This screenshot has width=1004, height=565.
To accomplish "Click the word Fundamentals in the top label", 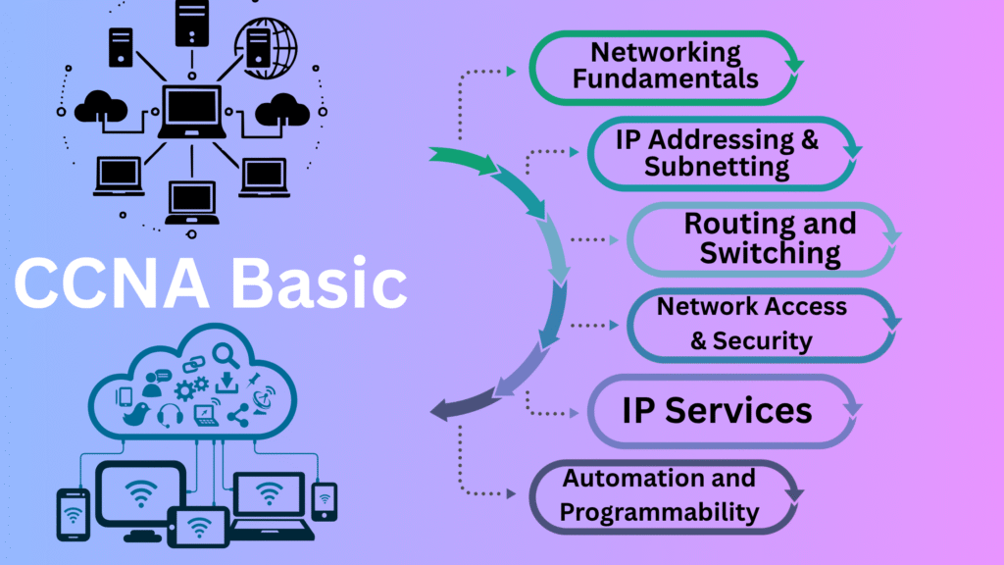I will pyautogui.click(x=666, y=78).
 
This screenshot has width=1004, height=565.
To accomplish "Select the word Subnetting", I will pyautogui.click(x=717, y=166).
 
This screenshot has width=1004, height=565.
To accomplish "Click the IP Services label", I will pyautogui.click(x=717, y=410).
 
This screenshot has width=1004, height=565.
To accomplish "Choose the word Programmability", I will pyautogui.click(x=659, y=511).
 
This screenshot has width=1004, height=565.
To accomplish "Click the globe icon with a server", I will pyautogui.click(x=264, y=41).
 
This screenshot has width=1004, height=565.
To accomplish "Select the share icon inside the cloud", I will pyautogui.click(x=238, y=415).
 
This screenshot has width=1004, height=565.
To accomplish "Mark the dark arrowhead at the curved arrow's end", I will pyautogui.click(x=443, y=411).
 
